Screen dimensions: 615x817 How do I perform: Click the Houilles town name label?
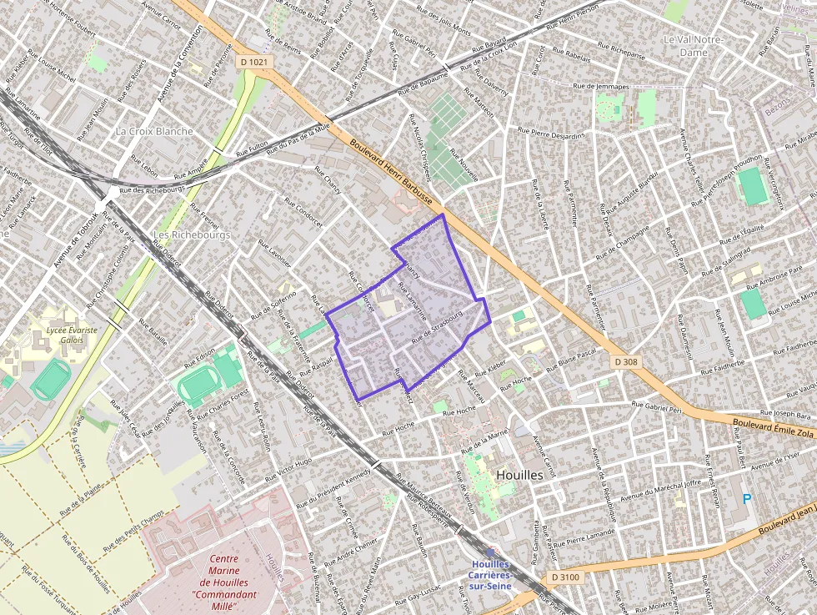click(519, 474)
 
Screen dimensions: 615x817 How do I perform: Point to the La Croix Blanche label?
click(154, 131)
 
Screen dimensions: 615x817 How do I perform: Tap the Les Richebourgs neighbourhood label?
click(192, 234)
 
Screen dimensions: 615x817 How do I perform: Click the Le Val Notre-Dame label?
click(693, 45)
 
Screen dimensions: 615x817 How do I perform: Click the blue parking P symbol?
click(746, 499)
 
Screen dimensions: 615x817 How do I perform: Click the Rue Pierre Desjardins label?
click(550, 131)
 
